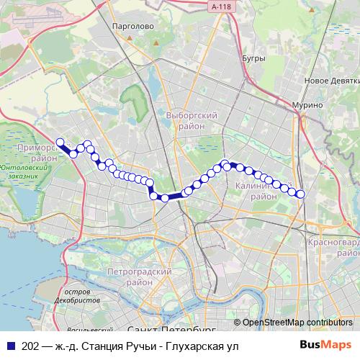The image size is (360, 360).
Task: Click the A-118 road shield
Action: (222, 6)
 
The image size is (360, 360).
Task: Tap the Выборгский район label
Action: (191, 120)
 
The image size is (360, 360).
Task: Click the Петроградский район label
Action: (138, 277)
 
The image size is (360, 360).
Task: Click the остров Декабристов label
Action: (81, 294)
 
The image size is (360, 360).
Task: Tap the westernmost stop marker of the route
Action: (60, 142)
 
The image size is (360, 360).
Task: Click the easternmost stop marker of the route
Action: (300, 194)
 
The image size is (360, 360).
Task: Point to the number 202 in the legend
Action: (31, 346)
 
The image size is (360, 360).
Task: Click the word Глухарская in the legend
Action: (193, 346)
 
